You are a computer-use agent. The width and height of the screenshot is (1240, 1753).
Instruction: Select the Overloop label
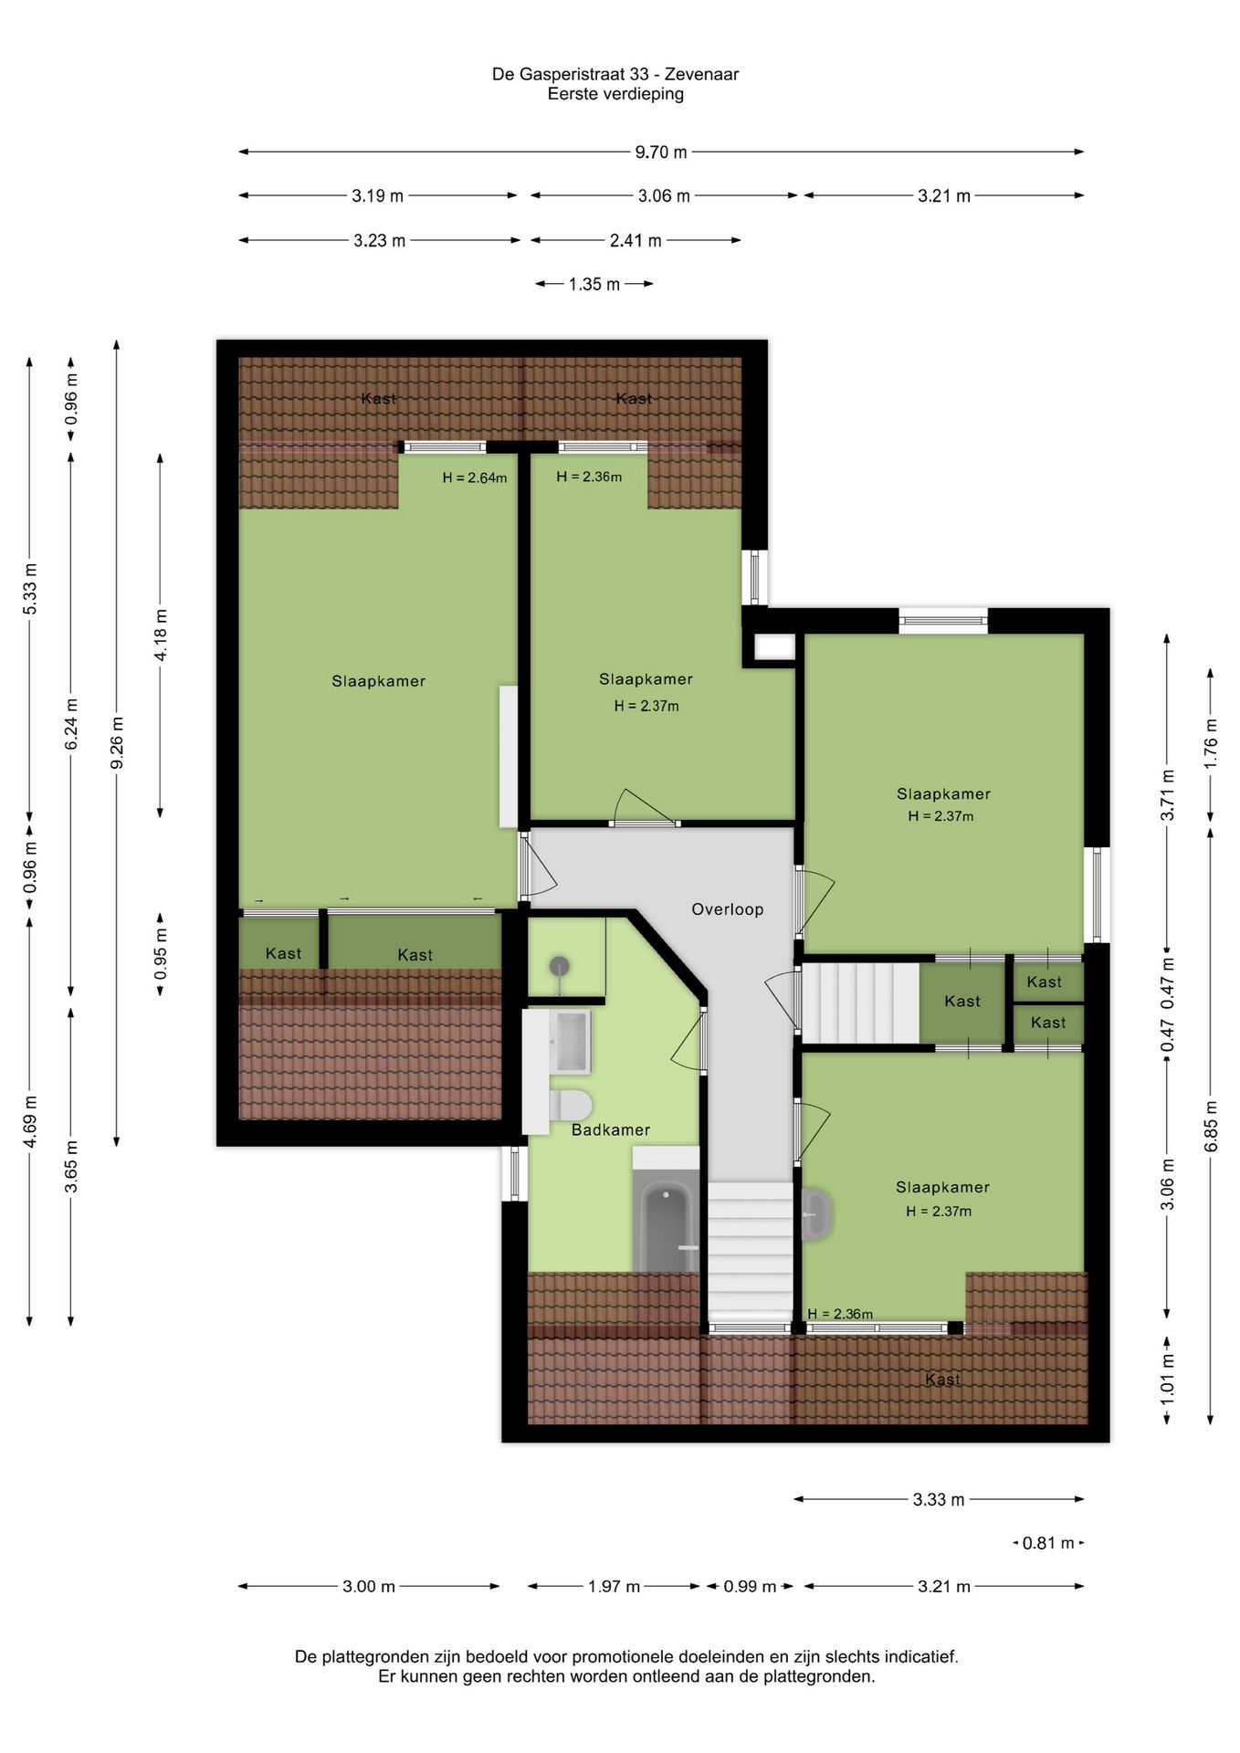point(727,909)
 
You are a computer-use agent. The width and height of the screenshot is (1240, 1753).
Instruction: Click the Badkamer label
point(611,1130)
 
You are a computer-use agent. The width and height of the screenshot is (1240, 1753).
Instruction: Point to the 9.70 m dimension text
point(661,152)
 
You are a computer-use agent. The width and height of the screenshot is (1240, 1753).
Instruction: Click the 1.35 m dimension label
point(594,285)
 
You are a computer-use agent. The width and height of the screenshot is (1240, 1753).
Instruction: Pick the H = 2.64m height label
point(475,478)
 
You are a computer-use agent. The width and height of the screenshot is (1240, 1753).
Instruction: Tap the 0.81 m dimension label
point(1048,1543)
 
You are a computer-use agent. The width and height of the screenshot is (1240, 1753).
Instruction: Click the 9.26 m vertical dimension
point(117,743)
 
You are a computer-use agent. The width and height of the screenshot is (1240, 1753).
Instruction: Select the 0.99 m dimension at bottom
point(750,1587)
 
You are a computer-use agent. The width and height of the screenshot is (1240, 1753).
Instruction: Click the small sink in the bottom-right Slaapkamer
point(816,1214)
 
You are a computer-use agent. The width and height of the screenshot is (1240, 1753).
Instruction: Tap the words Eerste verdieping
point(615,94)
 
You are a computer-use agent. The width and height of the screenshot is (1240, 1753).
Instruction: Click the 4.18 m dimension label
point(161,635)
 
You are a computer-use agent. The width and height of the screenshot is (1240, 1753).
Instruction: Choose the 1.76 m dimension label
point(1211,743)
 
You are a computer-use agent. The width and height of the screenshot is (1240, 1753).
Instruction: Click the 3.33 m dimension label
point(939,1499)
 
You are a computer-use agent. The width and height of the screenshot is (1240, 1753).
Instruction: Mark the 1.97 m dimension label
point(614,1587)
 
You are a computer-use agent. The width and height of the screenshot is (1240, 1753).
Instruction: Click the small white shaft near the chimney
point(775,646)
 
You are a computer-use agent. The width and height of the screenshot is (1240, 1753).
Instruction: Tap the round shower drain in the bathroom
point(560,966)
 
